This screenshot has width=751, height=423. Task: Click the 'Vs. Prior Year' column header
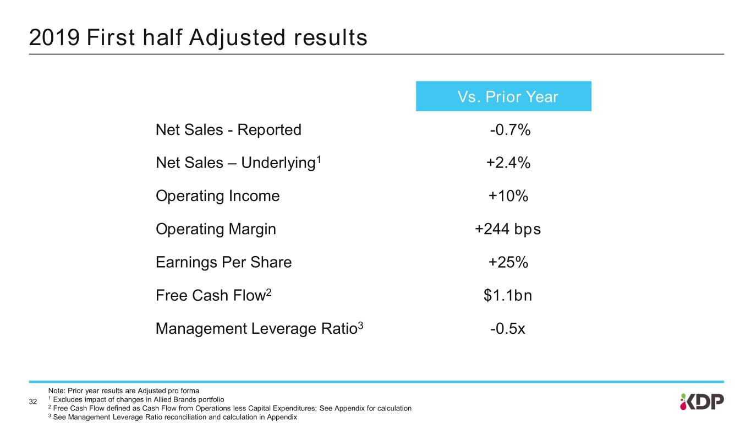[503, 97]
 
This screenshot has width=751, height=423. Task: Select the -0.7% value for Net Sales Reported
[509, 130]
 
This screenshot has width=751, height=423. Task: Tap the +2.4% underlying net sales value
[508, 163]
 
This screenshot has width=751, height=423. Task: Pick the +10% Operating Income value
[508, 196]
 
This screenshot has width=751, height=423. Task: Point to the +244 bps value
[508, 229]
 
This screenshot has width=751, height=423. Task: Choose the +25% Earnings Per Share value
[508, 263]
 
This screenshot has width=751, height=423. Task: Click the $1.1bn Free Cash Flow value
[508, 296]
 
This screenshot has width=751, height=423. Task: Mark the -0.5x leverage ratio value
[508, 329]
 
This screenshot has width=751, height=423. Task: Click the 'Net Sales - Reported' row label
[228, 130]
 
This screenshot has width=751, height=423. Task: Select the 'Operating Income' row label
[217, 196]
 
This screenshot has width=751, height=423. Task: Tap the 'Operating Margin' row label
[216, 229]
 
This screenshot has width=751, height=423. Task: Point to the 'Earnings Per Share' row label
[223, 263]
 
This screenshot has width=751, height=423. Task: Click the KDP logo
[701, 402]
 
